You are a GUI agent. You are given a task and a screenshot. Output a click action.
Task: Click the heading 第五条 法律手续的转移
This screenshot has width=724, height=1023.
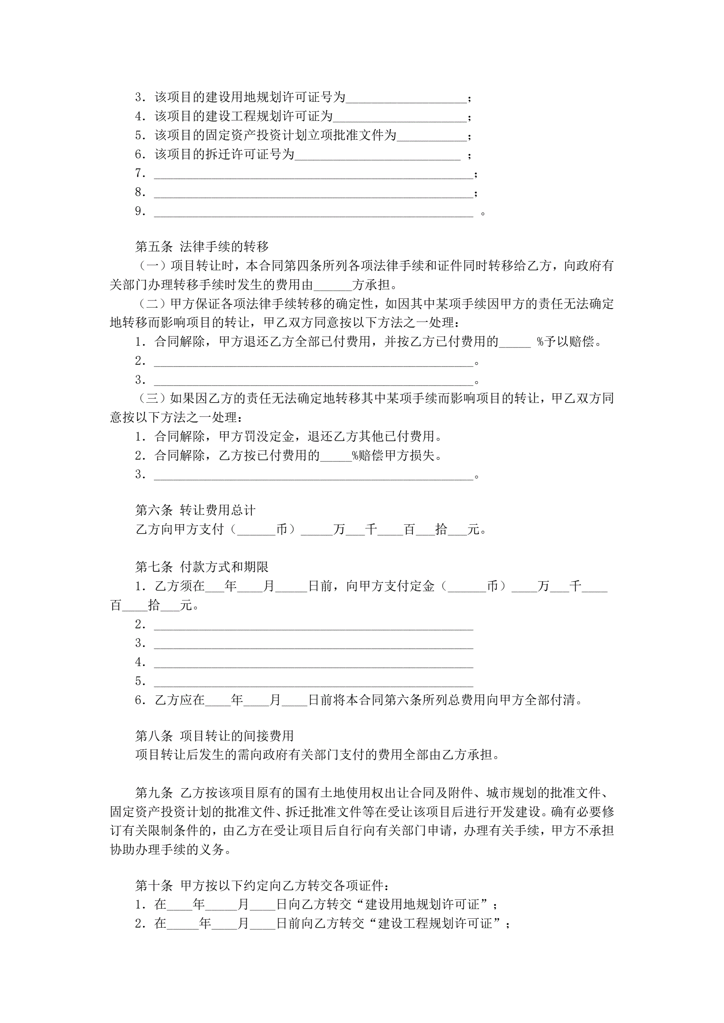click(202, 247)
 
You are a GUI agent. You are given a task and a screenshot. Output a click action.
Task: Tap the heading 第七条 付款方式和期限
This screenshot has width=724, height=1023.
click(202, 567)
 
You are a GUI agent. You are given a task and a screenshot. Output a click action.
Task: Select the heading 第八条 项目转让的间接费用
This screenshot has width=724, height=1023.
click(214, 736)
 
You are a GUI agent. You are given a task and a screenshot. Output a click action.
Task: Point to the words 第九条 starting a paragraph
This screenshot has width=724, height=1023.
click(154, 793)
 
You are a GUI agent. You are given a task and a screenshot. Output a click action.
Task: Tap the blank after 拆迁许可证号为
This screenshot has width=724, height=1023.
click(377, 155)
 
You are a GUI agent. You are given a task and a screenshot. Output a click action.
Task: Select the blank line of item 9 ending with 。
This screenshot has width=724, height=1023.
click(313, 212)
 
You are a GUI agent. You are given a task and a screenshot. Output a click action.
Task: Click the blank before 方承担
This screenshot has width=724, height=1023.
click(333, 285)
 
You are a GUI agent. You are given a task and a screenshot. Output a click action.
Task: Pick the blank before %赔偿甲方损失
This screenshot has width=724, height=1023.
click(336, 456)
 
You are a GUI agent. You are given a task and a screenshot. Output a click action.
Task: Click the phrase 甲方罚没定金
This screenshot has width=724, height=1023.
click(256, 437)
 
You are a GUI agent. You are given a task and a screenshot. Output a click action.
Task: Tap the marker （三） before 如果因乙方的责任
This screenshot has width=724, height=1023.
click(152, 398)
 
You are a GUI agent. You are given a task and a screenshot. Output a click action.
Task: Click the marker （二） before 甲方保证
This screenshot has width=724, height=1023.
click(152, 304)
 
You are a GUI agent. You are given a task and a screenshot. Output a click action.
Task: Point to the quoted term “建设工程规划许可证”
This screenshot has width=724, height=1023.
click(435, 923)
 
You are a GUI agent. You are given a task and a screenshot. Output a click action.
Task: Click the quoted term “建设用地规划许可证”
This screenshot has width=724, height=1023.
click(422, 904)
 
